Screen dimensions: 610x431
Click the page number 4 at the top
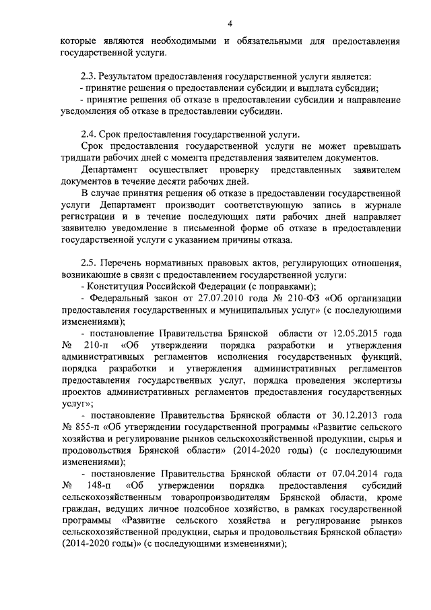(x=229, y=24)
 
